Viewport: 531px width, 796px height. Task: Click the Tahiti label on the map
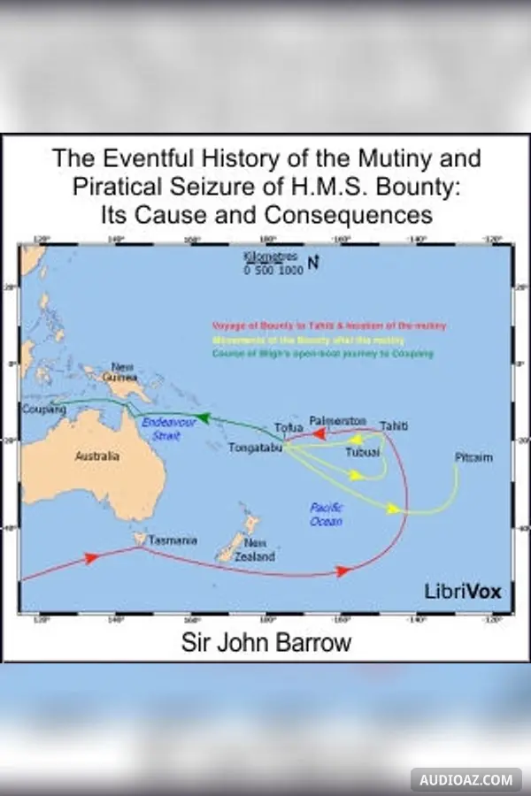tap(394, 426)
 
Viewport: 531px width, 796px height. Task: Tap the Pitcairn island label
tap(473, 457)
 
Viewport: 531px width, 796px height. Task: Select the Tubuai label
tap(362, 452)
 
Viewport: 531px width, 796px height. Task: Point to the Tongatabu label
tap(255, 448)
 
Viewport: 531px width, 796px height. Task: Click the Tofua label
tap(289, 428)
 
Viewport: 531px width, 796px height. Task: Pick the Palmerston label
tap(337, 419)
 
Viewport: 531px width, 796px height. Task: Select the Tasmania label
tap(173, 540)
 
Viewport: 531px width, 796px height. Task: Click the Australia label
tap(96, 456)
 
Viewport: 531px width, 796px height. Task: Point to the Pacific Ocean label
tap(326, 514)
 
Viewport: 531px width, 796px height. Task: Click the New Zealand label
tap(259, 550)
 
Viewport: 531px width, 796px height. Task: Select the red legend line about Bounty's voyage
tap(328, 326)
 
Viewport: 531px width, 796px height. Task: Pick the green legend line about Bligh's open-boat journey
tap(322, 354)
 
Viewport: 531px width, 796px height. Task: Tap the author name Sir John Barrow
tap(265, 642)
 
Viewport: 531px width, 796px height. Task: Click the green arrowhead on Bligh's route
tap(203, 418)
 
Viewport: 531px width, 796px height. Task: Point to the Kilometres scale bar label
tap(273, 264)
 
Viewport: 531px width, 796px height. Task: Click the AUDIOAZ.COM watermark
tap(466, 780)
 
